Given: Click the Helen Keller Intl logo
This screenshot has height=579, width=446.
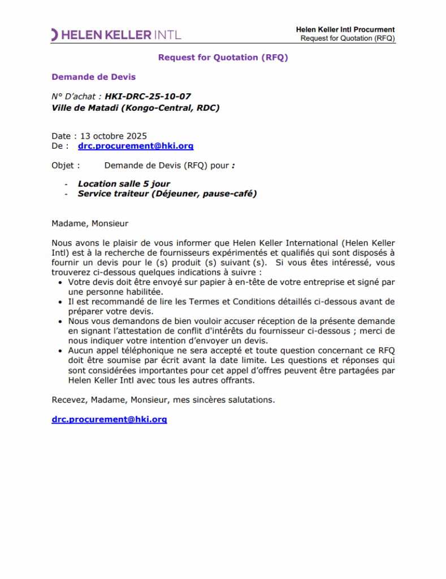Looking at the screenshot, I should (116, 34).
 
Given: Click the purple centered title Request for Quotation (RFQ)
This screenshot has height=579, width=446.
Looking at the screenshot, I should (223, 57).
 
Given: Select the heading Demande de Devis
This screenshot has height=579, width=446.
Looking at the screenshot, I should (93, 77).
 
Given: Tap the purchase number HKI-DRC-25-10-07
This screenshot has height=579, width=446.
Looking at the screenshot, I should (148, 97).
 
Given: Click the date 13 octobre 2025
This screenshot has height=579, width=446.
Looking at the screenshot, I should (113, 136).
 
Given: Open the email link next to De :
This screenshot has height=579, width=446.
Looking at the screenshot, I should (136, 146).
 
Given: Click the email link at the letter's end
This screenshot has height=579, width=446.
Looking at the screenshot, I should (109, 420).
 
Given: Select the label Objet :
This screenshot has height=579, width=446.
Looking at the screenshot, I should (66, 166).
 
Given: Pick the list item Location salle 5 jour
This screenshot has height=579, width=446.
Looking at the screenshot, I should (124, 184).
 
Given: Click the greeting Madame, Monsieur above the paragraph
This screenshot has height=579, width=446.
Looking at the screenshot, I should (90, 223).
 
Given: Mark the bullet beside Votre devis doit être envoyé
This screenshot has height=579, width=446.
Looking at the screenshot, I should (62, 282).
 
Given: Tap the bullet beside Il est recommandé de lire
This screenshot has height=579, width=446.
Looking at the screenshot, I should (62, 302).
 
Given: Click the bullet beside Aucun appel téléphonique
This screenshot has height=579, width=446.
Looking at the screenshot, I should (62, 351).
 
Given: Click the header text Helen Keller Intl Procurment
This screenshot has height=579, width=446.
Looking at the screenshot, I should (345, 29).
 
